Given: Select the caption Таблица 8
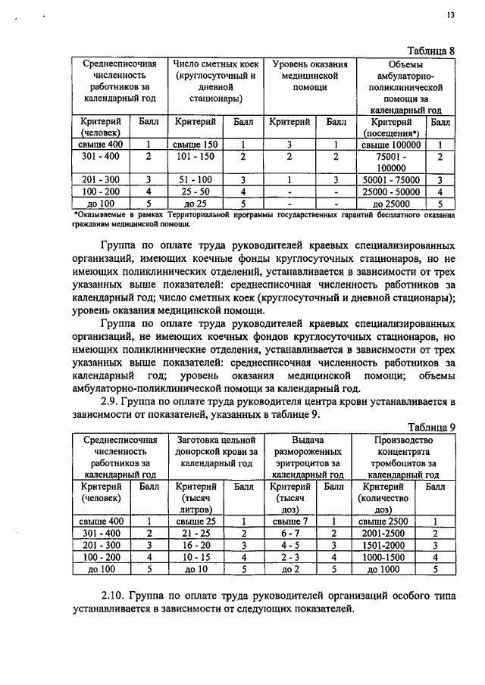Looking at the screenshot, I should (x=430, y=51).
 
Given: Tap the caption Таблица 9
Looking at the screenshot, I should (x=430, y=427).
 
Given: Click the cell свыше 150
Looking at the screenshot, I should (x=195, y=144).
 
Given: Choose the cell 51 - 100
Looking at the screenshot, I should (x=195, y=180).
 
